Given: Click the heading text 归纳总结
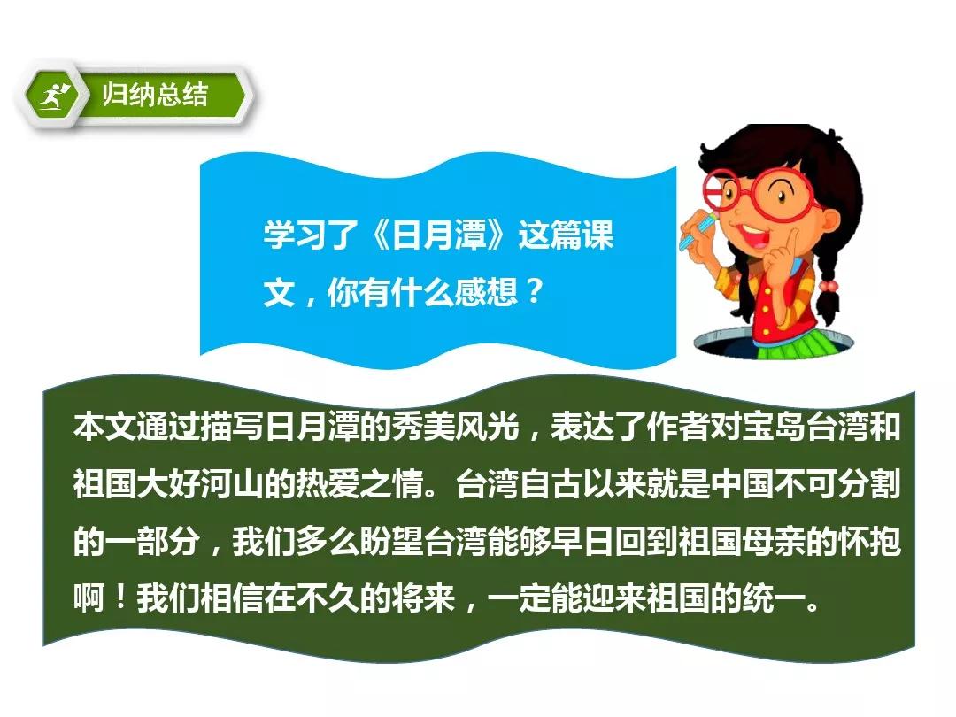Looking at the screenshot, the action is tap(155, 95).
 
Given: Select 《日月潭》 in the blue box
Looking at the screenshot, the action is tap(438, 235).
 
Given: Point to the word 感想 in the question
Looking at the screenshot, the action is tap(486, 292).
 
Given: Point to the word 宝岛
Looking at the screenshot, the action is tap(774, 426).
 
